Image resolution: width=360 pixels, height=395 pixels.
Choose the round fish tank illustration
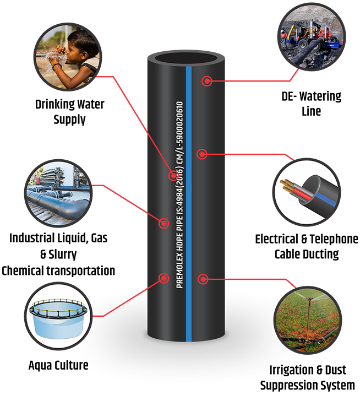59,316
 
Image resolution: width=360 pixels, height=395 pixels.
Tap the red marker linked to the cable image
202,155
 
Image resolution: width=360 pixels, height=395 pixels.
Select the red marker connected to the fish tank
163,278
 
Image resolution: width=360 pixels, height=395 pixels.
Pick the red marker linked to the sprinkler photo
202,279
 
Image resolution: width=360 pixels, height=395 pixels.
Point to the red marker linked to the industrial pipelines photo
163,223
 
